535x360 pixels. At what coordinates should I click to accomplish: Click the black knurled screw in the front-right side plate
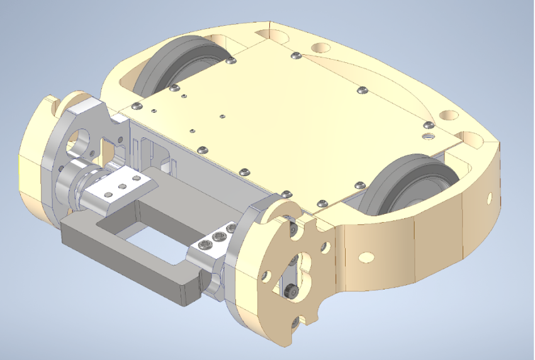pos(290,291)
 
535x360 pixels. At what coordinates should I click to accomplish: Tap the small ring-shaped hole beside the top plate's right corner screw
pos(429,136)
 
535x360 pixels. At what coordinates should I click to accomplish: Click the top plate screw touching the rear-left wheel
pos(231,61)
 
